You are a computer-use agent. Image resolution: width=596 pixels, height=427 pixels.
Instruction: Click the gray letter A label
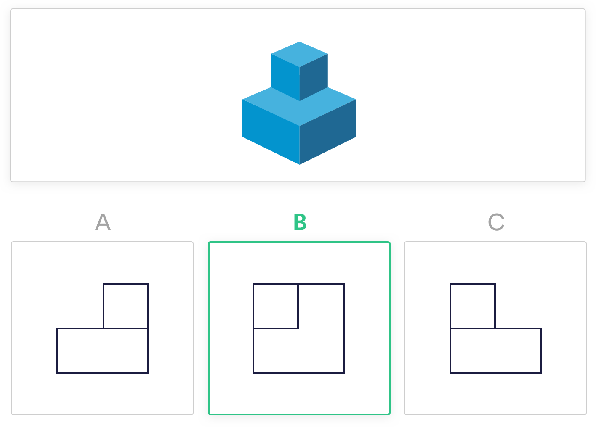tap(103, 222)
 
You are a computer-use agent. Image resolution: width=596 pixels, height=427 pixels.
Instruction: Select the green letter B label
tap(300, 222)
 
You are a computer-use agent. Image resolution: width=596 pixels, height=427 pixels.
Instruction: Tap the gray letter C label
tap(496, 222)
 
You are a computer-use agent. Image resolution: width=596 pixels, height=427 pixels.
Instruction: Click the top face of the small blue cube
tap(299, 54)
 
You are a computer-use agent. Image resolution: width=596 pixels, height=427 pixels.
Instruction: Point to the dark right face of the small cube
tap(314, 77)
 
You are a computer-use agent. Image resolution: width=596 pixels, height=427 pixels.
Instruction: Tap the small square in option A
tap(126, 306)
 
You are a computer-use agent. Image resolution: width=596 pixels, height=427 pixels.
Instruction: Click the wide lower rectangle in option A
tap(103, 351)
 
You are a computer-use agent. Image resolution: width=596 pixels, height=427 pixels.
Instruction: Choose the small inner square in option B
tap(276, 306)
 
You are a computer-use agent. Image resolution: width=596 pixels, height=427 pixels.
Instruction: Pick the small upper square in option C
tap(473, 306)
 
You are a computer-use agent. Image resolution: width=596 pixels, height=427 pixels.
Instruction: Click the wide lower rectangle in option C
tap(496, 351)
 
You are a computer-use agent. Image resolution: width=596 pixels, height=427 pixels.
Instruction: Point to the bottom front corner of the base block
tap(300, 164)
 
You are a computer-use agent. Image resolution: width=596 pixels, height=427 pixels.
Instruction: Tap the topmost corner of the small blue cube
tap(299, 42)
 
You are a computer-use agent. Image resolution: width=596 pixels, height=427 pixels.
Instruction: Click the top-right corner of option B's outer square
tap(344, 285)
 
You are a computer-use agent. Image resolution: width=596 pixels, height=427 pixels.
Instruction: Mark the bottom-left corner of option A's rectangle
tap(57, 373)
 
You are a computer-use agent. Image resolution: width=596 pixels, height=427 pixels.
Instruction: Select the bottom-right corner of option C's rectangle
tap(541, 373)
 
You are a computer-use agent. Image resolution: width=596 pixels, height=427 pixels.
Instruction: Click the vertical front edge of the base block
tap(300, 145)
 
